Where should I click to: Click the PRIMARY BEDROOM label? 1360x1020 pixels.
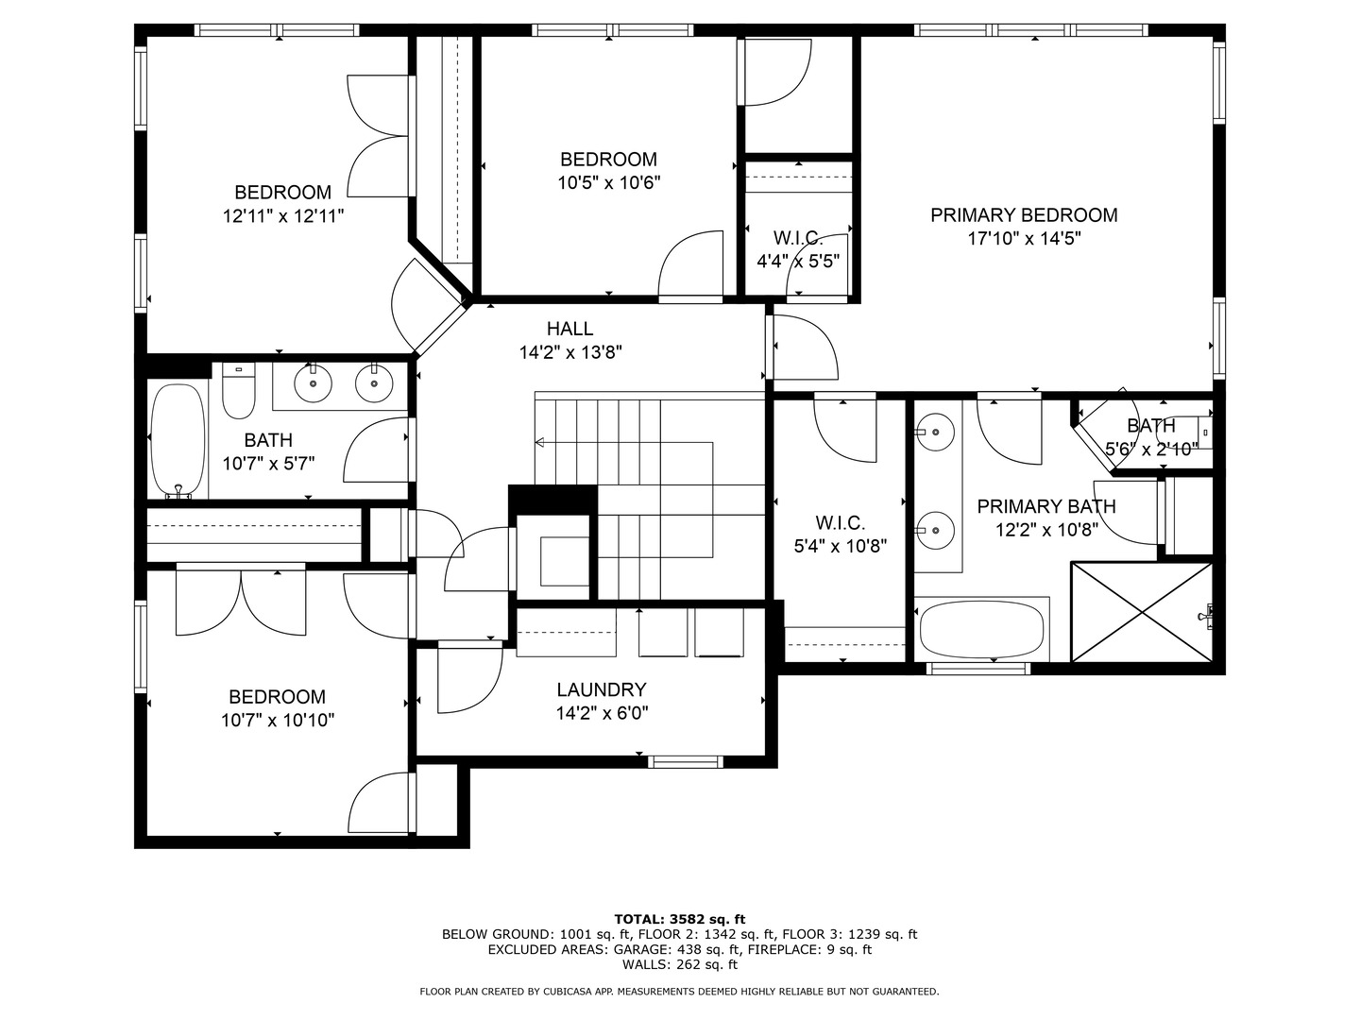pos(1024,215)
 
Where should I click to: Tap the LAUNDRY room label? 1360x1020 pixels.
pos(602,689)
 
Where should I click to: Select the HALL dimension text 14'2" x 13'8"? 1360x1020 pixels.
pos(570,353)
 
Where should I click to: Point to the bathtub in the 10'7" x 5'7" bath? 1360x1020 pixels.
pos(178,440)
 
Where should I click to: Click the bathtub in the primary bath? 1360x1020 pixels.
pos(981,631)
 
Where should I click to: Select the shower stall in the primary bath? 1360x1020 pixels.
pos(1141,612)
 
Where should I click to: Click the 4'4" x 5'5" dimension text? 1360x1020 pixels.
pos(798,261)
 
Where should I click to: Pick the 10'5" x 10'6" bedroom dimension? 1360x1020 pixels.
pos(608,183)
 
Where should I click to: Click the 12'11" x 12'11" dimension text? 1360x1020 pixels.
pos(283,216)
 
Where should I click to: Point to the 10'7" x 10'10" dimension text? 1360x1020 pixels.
pos(278,721)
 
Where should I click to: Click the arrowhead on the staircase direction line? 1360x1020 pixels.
pos(540,442)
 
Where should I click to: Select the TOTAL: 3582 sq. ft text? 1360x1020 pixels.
pos(679,918)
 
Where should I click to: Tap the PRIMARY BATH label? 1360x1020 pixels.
pos(1046,506)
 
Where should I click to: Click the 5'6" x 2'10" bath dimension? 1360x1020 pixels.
pos(1151,449)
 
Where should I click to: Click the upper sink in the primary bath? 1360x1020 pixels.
pos(935,432)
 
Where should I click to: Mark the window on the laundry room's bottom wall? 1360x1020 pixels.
pos(687,761)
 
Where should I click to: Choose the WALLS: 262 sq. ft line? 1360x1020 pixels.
pos(679,964)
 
